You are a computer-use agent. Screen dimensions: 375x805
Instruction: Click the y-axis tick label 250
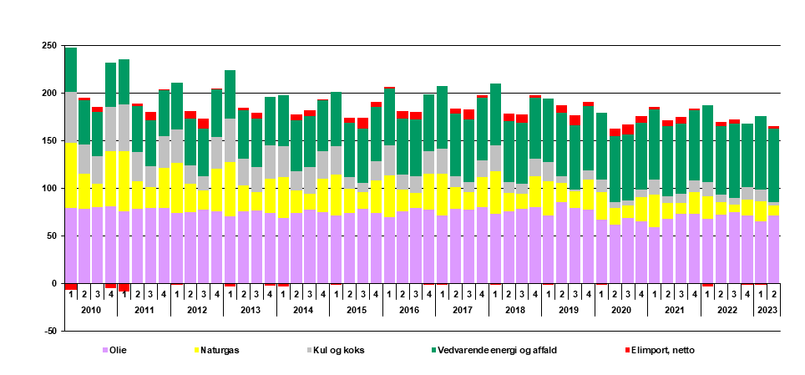point(49,46)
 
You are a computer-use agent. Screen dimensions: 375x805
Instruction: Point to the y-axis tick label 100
point(49,189)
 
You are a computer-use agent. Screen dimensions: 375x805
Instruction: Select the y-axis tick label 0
point(54,284)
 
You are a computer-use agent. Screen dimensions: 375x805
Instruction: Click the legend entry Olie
point(118,350)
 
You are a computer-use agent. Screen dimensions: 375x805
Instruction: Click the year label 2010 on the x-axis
point(90,309)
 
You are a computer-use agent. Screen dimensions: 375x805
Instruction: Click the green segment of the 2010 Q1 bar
point(71,69)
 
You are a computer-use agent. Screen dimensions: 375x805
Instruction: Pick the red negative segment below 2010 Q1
point(71,286)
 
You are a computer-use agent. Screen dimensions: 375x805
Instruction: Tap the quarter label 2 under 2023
point(774,294)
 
